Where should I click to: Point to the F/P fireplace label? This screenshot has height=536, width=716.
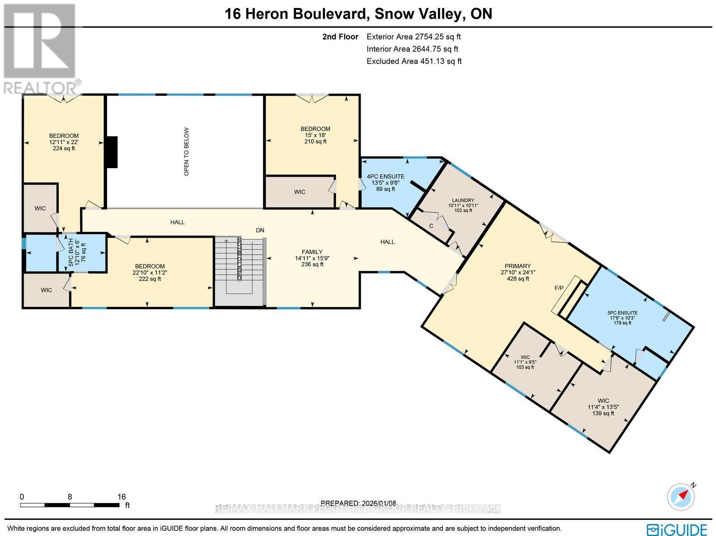click(559, 288)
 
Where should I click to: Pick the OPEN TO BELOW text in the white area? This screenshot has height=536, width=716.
click(187, 151)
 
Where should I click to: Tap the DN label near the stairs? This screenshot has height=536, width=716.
click(260, 230)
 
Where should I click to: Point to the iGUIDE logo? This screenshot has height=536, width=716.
click(678, 529)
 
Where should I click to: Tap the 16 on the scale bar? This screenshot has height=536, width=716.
click(121, 497)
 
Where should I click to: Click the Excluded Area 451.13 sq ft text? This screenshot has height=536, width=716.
click(414, 61)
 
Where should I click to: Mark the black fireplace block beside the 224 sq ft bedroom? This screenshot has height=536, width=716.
click(111, 152)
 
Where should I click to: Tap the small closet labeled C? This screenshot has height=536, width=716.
click(431, 226)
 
